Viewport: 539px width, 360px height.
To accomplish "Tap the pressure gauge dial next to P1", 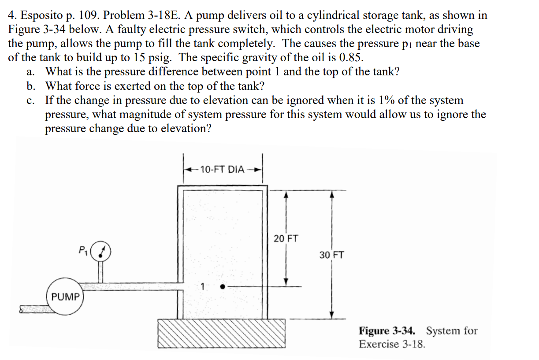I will pos(101,251).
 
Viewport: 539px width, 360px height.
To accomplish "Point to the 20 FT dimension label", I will pos(286,239).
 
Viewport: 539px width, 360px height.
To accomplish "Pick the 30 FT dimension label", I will pos(332,255).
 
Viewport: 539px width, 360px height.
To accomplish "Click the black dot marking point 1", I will pos(223,287).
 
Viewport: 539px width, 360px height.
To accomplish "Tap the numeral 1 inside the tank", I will pos(202,286).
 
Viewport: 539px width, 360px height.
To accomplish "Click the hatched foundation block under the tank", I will pos(222,333).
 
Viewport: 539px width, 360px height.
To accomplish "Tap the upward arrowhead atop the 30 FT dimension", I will pos(332,194).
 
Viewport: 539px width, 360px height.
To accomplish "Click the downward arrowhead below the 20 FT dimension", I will pos(286,282).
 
